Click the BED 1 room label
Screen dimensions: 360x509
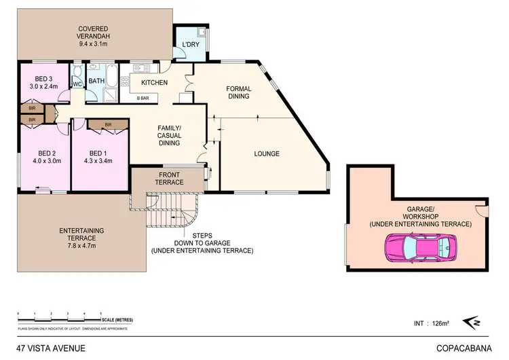[x=98, y=157]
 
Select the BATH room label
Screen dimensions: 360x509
[x=96, y=81]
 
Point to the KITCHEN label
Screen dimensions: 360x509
[x=154, y=83]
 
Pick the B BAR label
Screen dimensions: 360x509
[x=143, y=99]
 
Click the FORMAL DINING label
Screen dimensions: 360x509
[x=238, y=92]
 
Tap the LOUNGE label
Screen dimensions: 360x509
[x=267, y=154]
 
